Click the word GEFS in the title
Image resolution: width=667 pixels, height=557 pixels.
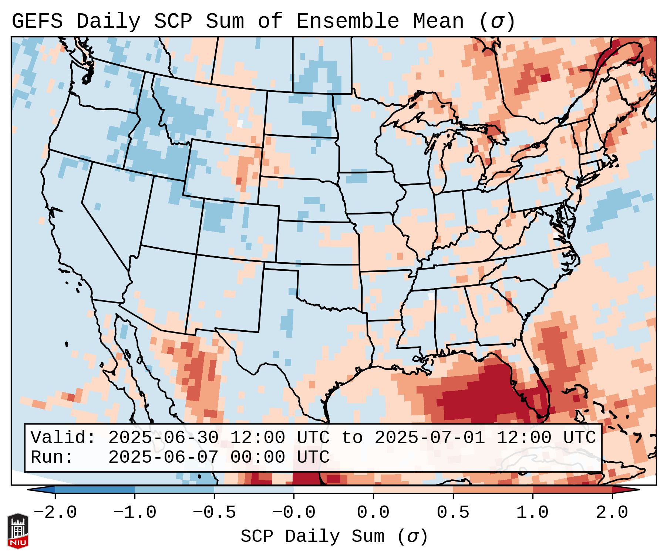click(x=37, y=21)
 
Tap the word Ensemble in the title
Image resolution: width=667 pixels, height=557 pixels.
click(x=347, y=21)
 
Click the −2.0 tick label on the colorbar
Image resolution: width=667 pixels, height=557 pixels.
click(x=55, y=513)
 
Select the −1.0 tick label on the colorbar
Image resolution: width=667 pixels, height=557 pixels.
click(x=135, y=513)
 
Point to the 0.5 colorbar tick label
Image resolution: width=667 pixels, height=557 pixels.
click(x=453, y=513)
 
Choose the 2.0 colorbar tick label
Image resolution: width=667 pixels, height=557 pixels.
click(x=612, y=513)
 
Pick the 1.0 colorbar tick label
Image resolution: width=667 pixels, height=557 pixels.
click(x=533, y=513)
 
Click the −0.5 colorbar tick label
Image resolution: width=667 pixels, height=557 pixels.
click(x=214, y=513)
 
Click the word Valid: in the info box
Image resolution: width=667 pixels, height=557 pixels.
click(x=63, y=438)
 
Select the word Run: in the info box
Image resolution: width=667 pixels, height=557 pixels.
click(x=52, y=457)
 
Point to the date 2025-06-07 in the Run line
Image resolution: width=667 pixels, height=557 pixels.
click(x=163, y=457)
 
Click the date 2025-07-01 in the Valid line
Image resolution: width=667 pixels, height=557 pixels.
click(x=429, y=438)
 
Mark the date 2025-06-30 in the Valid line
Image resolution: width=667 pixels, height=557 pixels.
click(x=163, y=438)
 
